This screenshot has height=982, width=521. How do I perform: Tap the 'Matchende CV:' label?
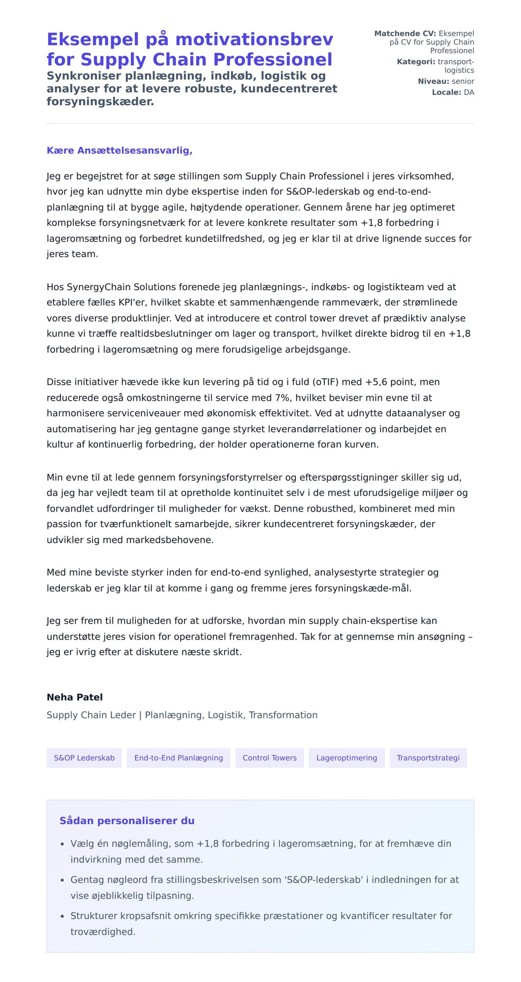click(x=405, y=33)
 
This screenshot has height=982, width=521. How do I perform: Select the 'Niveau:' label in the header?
click(x=433, y=81)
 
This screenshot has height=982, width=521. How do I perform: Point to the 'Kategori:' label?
click(x=415, y=62)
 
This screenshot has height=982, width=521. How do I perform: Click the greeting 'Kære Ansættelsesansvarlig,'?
click(x=119, y=151)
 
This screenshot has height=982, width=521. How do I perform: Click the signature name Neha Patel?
click(x=75, y=697)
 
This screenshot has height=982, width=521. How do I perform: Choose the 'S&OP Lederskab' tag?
click(x=84, y=758)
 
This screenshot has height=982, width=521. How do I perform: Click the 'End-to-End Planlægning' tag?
click(x=178, y=758)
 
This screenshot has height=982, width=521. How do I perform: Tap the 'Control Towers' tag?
click(x=270, y=758)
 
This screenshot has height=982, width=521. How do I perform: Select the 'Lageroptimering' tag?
click(x=346, y=758)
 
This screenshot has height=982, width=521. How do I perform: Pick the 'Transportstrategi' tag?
click(x=428, y=758)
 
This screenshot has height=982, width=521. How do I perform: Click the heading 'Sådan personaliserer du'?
click(x=127, y=821)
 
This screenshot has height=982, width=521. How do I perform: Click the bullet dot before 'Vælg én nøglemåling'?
click(x=62, y=844)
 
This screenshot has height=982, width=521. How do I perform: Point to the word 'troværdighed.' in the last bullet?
click(x=103, y=932)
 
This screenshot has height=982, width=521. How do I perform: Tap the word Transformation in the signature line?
click(x=283, y=715)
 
